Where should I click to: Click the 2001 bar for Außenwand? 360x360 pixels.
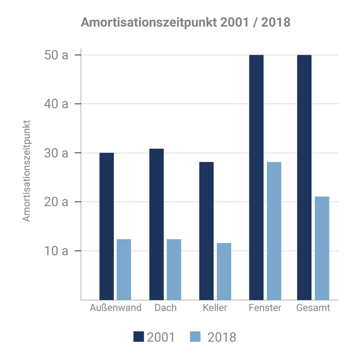coord(107,226)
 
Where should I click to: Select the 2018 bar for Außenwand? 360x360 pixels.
coord(124,269)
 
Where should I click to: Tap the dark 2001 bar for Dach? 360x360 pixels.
coord(157,224)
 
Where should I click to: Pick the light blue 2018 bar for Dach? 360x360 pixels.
coord(174,269)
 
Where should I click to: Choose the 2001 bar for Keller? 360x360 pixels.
coord(207,230)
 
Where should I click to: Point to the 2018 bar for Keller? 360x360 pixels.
coord(224,271)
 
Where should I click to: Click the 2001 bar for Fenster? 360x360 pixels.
coord(256,177)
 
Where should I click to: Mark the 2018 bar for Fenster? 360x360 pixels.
coord(274,230)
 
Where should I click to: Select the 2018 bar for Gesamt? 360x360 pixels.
coord(322,248)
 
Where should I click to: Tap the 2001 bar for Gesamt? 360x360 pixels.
coord(304,177)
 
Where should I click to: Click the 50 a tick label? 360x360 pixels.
coord(56,55)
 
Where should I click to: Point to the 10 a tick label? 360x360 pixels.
coord(56,251)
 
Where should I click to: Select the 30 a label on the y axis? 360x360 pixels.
coord(56,153)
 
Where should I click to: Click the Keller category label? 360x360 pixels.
coord(215,308)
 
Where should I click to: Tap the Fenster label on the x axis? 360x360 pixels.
coord(265,308)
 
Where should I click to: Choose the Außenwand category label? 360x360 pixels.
coord(116,308)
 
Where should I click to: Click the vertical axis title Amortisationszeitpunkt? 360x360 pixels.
coord(27,171)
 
